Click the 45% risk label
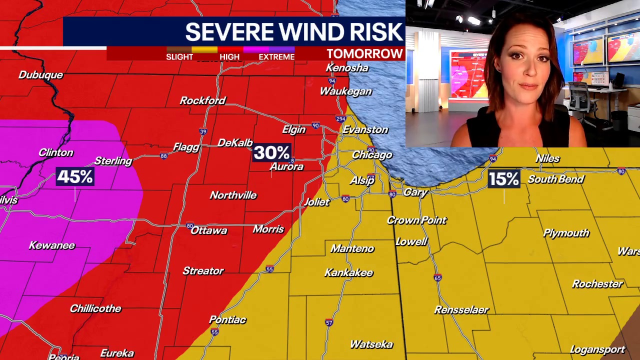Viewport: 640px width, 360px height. coord(75,177)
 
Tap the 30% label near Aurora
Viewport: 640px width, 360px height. coord(271,152)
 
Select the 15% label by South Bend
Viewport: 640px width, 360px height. coord(503,179)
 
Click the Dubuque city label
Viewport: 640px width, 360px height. coord(40,75)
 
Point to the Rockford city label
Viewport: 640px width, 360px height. coord(202,100)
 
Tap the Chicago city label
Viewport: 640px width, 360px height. coord(371,155)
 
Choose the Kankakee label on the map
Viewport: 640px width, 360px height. coord(348,273)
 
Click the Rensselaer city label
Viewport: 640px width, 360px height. coord(461,310)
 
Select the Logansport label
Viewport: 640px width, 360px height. coord(597,350)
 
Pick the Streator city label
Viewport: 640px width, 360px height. coord(203,271)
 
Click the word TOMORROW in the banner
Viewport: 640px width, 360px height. coord(364,54)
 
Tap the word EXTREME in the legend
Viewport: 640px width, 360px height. coord(276,57)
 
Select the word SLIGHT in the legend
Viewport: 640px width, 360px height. coord(179,57)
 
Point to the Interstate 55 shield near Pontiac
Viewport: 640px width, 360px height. coord(214,332)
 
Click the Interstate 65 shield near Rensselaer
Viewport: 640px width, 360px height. coord(437,278)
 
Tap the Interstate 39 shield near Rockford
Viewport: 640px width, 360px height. coord(203,131)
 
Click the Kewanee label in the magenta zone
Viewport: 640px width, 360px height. coord(51,245)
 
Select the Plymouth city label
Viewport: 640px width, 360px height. coord(566,233)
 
